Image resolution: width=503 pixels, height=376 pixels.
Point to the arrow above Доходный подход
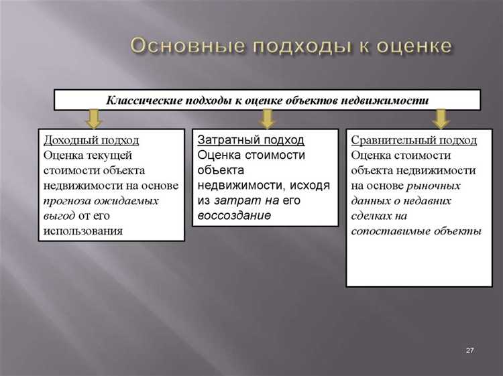point(94,119)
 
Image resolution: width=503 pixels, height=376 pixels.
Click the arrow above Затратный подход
point(267,119)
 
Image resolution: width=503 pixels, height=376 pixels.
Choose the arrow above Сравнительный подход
point(440,119)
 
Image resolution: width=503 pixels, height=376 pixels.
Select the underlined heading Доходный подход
point(91,140)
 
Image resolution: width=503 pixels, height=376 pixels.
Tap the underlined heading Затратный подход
point(251,140)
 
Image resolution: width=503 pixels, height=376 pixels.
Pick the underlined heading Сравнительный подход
point(414,140)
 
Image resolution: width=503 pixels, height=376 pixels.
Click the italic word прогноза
point(68,200)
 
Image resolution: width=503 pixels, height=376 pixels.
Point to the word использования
point(83,231)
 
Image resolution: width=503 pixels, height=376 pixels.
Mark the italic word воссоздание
point(234,215)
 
